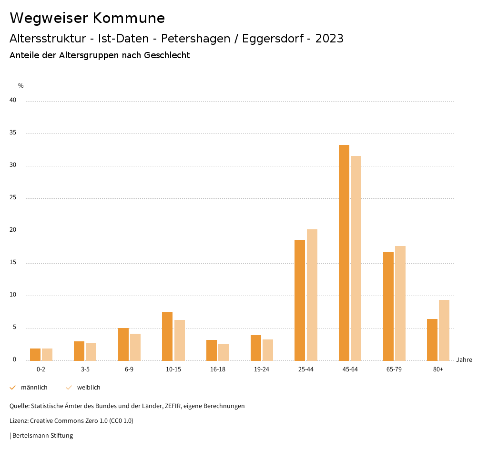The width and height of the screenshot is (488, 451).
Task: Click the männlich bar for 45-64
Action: tap(344, 253)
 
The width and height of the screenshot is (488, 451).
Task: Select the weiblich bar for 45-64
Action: tap(356, 258)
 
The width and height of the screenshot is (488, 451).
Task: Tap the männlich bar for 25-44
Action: tap(300, 300)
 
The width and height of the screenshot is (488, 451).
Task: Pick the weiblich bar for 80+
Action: tap(444, 330)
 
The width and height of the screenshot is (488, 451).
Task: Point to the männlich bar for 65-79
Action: tap(388, 306)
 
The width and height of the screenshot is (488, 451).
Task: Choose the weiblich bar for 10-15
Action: tap(180, 340)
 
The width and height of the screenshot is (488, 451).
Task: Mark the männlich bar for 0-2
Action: tap(35, 354)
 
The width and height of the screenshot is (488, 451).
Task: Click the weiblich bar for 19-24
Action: tap(268, 350)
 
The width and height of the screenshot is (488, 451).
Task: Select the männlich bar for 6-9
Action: tap(123, 344)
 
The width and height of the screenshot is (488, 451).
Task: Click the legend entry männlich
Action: tap(34, 388)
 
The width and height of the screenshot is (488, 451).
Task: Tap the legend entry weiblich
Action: tap(89, 388)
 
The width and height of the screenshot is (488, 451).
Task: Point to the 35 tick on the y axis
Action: tap(13, 133)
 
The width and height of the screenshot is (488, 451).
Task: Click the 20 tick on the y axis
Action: tap(13, 230)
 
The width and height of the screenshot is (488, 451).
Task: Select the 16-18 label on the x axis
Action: tap(218, 369)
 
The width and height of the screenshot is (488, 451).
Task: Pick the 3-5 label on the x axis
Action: tap(85, 369)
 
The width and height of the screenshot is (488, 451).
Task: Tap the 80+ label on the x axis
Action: tap(438, 369)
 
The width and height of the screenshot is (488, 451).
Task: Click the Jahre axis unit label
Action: tap(464, 360)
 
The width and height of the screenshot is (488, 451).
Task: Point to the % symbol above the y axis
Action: tap(21, 86)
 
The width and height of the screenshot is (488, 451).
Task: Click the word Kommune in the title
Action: tap(129, 18)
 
